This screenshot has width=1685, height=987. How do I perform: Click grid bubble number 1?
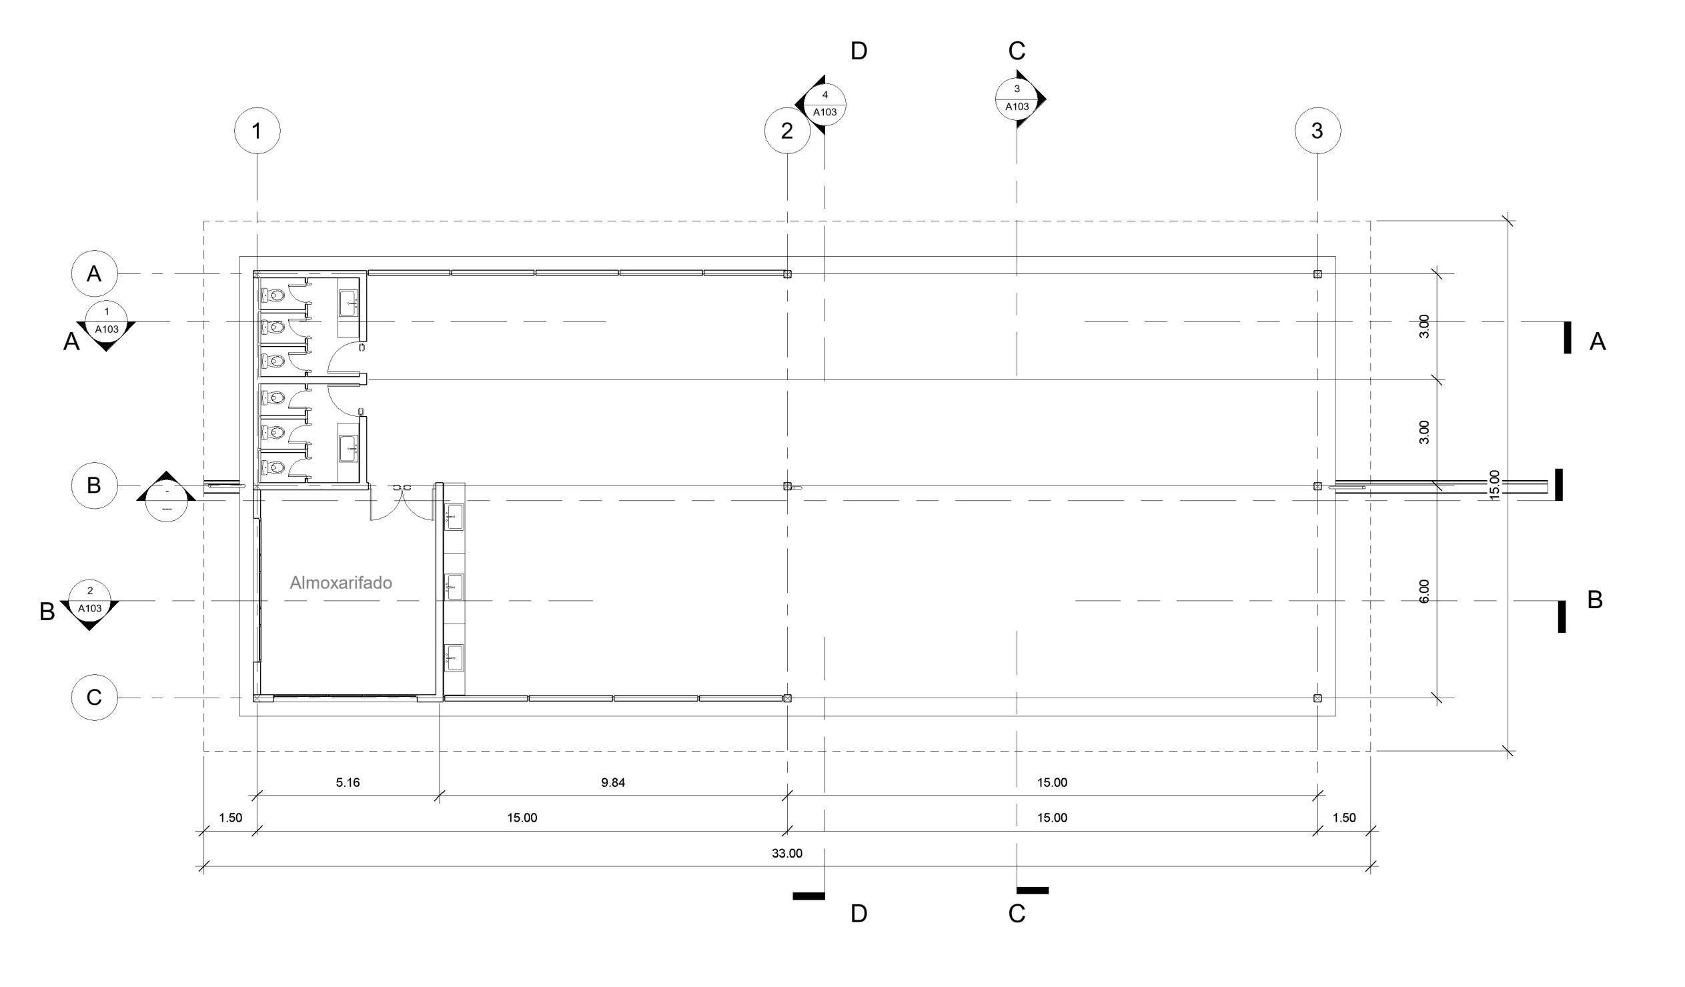(257, 131)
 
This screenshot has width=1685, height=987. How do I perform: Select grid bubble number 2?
(787, 131)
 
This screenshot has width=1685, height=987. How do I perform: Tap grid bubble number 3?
(1317, 131)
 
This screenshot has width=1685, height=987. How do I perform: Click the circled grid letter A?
(94, 273)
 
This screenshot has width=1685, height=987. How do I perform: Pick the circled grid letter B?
(94, 485)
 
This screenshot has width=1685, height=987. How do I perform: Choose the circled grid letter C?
(94, 698)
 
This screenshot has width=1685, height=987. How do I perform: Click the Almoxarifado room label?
(340, 582)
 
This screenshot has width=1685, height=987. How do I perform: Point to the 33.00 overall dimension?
(787, 853)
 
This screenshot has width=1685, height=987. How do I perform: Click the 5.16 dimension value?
(348, 782)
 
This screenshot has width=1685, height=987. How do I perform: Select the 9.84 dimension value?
(612, 782)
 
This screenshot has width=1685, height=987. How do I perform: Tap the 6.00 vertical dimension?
(1424, 591)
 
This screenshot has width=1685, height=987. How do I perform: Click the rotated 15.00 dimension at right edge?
(1494, 484)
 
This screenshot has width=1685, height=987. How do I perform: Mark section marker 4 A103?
(824, 104)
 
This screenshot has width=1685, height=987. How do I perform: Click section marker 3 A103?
(1017, 98)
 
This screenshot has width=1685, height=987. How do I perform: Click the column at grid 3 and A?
(1317, 273)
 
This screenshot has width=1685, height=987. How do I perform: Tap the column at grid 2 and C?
(787, 698)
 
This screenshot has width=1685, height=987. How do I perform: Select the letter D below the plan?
(859, 914)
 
